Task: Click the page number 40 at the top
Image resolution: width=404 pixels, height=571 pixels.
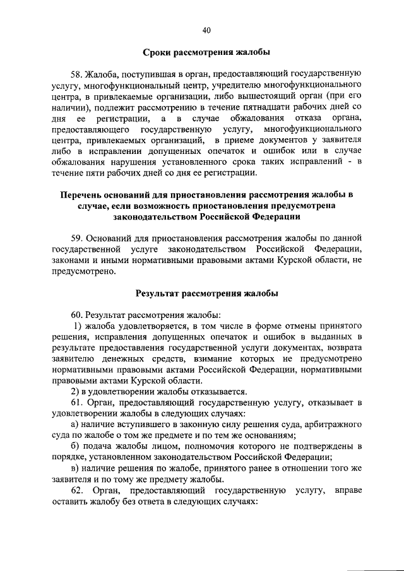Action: pyautogui.click(x=206, y=29)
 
